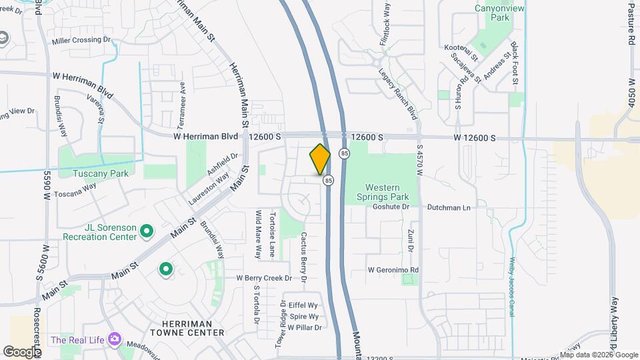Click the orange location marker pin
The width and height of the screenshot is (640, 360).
(x=320, y=159)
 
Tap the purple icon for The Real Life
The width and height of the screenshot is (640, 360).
(x=115, y=339)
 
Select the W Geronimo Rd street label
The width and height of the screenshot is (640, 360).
(x=393, y=270)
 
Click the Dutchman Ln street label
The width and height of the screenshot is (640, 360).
(x=449, y=207)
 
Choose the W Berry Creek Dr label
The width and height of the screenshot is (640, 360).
(x=264, y=277)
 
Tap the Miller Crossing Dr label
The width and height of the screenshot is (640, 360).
(x=81, y=41)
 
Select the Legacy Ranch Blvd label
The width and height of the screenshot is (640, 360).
(x=401, y=93)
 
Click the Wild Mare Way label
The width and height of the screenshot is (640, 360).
(x=258, y=234)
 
